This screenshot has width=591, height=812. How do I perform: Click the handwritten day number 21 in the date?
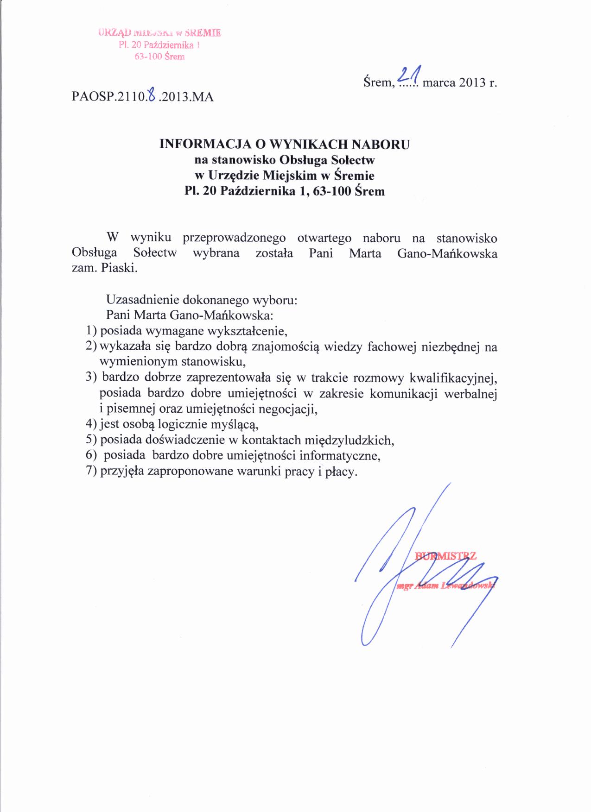point(408,76)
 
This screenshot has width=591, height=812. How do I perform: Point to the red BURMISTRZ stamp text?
point(445,556)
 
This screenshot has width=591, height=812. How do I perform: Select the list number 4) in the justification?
point(91,424)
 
